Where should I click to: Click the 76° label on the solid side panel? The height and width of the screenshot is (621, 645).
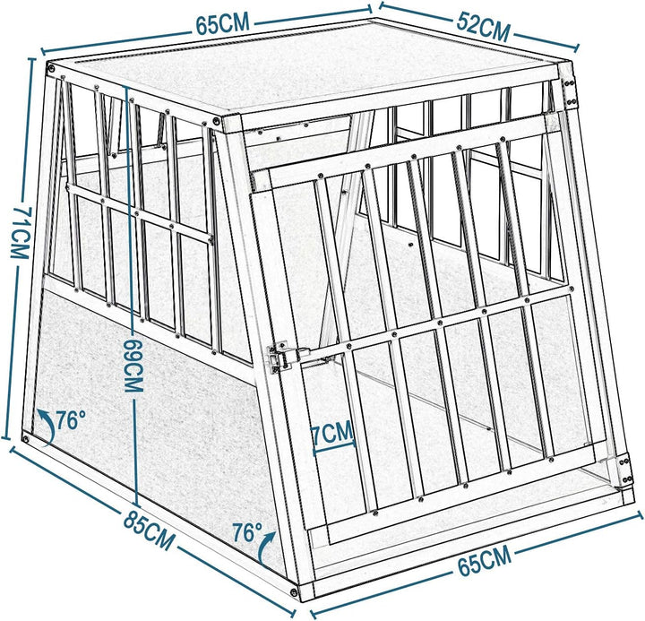tap(71, 418)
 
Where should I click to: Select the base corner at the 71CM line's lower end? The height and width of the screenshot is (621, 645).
tap(26, 438)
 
